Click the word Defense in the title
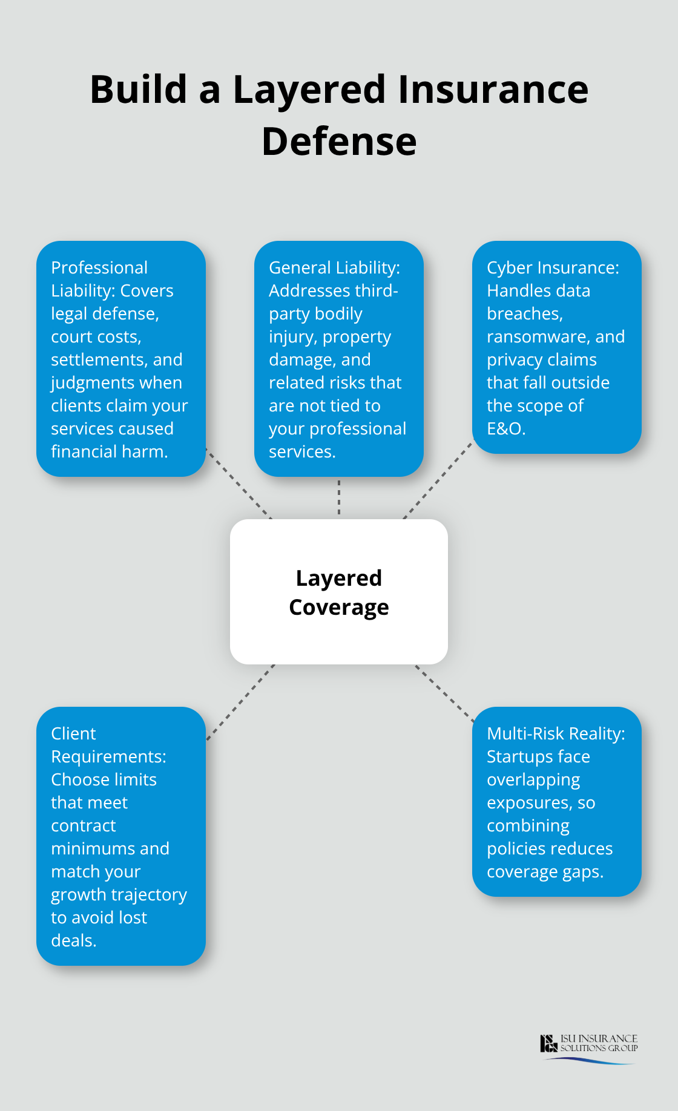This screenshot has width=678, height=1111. [339, 142]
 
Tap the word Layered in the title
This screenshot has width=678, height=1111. [309, 90]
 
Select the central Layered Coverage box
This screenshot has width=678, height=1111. [339, 591]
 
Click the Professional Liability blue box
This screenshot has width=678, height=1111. [121, 358]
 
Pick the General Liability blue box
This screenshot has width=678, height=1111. [339, 358]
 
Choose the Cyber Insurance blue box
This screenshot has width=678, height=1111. [556, 347]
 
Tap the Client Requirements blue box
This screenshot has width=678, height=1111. [121, 836]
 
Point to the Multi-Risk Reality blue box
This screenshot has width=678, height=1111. [556, 801]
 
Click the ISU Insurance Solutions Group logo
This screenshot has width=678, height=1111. [588, 1046]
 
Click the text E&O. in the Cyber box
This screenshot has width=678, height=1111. [506, 428]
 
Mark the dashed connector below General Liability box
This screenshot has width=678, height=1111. [339, 497]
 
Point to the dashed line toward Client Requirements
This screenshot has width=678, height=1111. [240, 702]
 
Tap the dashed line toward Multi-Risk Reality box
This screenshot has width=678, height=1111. [444, 693]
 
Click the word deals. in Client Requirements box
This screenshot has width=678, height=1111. [74, 940]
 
